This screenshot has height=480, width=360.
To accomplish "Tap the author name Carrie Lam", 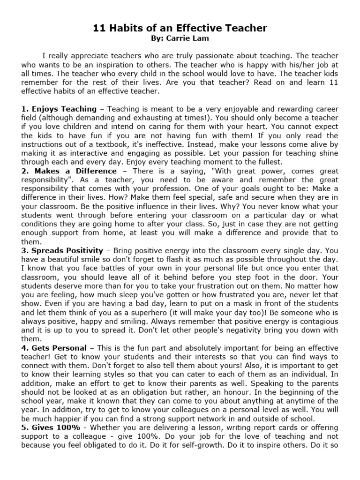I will click(x=186, y=38).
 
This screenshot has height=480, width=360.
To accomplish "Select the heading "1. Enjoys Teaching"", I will click(x=59, y=109).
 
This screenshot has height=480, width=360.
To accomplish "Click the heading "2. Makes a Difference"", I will click(x=69, y=172).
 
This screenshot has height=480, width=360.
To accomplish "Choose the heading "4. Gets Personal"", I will click(x=54, y=348).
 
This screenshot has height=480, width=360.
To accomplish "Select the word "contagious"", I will click(x=314, y=321).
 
